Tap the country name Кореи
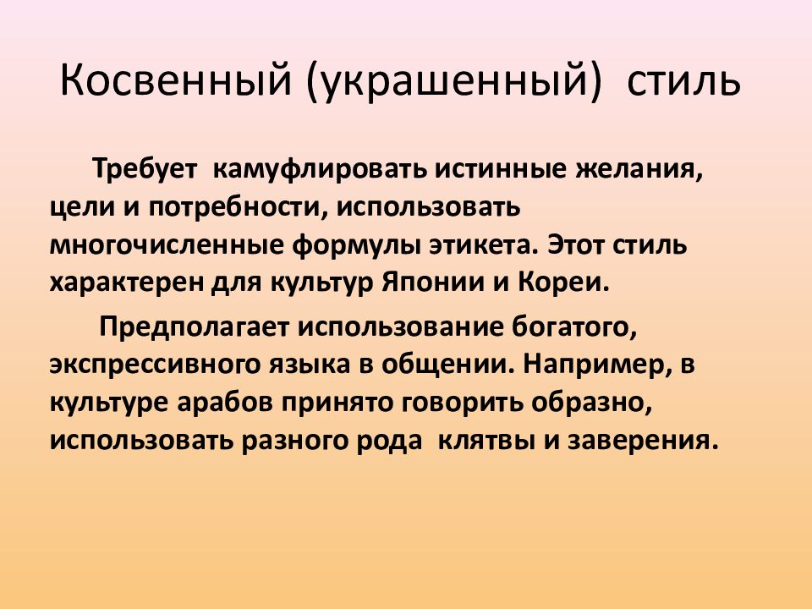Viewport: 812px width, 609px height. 574,283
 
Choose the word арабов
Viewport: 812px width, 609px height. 222,403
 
